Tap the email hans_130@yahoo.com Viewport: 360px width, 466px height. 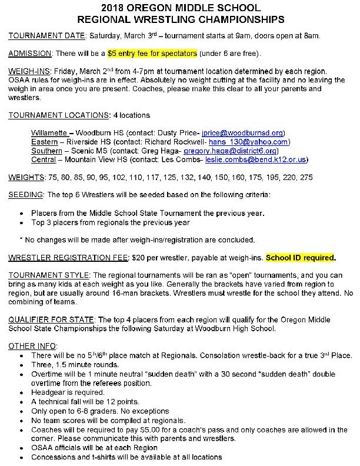pos(249,142)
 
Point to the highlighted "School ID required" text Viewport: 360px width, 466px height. pos(301,258)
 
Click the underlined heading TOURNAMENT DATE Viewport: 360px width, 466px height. pos(47,36)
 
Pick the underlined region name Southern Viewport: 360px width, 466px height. pos(47,151)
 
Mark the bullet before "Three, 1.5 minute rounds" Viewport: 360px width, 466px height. pos(22,364)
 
